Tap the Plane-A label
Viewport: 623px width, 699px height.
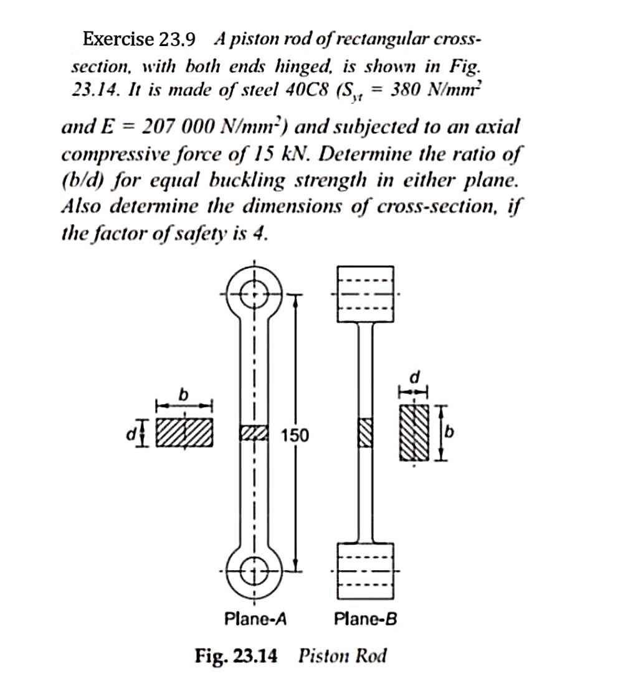255,619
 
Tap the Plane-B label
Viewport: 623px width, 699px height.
366,619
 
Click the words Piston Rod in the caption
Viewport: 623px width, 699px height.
343,656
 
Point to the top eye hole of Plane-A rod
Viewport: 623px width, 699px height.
255,292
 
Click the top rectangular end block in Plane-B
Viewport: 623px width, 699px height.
366,294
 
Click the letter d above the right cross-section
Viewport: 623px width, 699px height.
414,377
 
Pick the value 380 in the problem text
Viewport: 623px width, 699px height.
407,88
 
